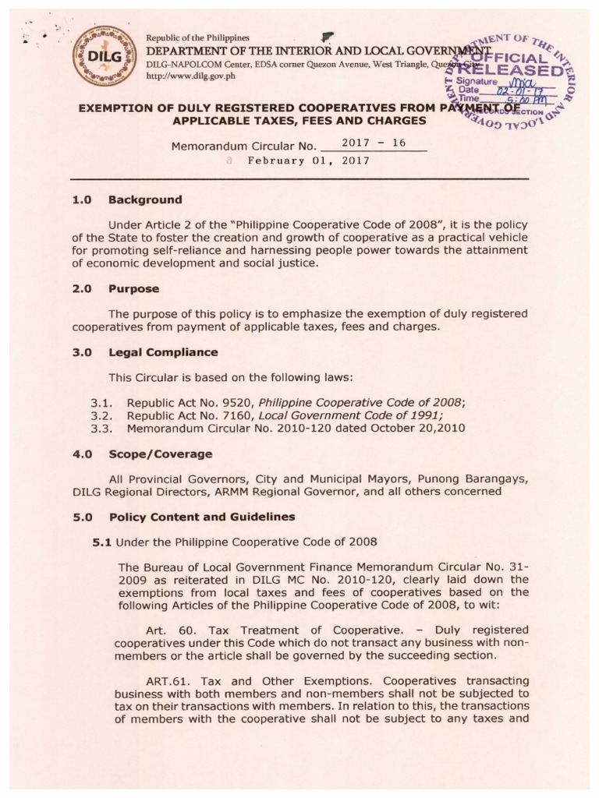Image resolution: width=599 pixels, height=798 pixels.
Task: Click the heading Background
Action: pyautogui.click(x=145, y=199)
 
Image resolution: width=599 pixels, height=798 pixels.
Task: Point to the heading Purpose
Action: pyautogui.click(x=133, y=288)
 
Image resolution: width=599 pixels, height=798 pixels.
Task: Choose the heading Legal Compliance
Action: pyautogui.click(x=163, y=352)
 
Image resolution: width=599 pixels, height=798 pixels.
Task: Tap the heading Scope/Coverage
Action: pyautogui.click(x=160, y=454)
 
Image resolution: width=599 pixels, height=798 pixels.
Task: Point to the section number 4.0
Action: pyautogui.click(x=82, y=454)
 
